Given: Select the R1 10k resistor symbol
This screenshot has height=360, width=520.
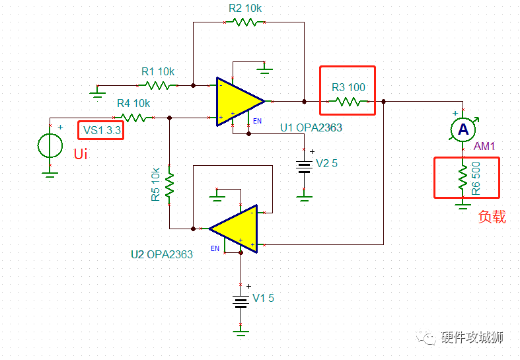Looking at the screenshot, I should pyautogui.click(x=158, y=85).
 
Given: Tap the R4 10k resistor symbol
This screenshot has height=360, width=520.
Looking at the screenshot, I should pyautogui.click(x=134, y=118).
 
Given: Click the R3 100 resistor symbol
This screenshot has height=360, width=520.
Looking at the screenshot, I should pyautogui.click(x=348, y=102).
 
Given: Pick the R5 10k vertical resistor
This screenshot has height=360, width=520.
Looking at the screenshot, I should pyautogui.click(x=170, y=186).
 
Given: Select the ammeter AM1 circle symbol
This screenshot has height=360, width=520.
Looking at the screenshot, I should pyautogui.click(x=462, y=129).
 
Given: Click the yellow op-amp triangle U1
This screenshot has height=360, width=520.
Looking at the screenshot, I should pyautogui.click(x=238, y=101).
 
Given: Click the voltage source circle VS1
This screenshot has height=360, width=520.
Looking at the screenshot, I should pyautogui.click(x=50, y=145).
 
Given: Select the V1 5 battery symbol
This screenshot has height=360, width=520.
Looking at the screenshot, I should pyautogui.click(x=241, y=301).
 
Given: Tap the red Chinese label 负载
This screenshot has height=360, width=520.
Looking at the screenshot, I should pyautogui.click(x=492, y=217).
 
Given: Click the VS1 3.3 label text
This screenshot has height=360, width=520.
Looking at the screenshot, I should pyautogui.click(x=100, y=130).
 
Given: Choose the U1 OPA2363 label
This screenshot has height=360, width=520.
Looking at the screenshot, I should pyautogui.click(x=311, y=127).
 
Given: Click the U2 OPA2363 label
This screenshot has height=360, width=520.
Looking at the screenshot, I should pyautogui.click(x=162, y=254).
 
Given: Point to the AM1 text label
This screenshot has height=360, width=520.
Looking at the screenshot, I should pyautogui.click(x=484, y=145).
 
